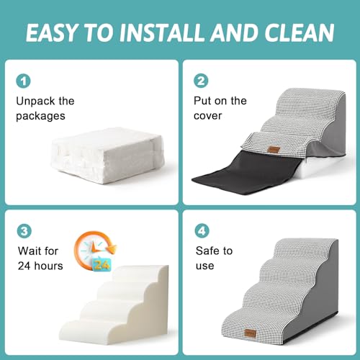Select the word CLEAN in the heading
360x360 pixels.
296,33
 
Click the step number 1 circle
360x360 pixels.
24,82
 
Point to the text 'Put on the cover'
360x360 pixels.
220,109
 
